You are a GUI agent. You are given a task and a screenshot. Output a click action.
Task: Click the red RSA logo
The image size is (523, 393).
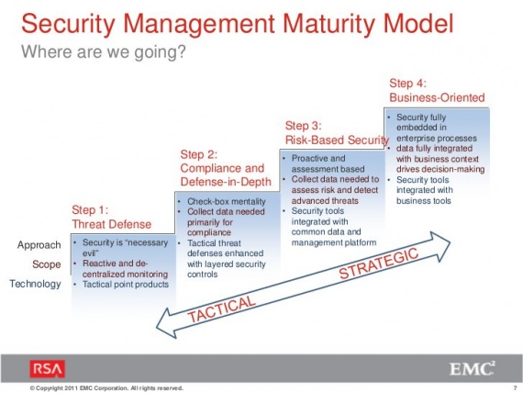click(x=48, y=369)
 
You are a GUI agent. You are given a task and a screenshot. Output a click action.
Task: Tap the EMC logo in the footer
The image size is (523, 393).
click(x=472, y=368)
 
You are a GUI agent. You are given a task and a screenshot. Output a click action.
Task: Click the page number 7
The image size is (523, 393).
click(x=515, y=388)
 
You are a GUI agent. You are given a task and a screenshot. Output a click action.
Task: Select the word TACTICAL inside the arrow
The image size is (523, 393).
click(x=221, y=309)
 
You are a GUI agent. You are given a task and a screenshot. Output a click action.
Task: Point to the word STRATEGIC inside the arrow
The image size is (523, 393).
click(x=379, y=264)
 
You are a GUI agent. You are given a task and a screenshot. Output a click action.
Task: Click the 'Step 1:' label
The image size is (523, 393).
click(x=90, y=210)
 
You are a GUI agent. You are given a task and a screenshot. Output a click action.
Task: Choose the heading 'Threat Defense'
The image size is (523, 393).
click(x=111, y=224)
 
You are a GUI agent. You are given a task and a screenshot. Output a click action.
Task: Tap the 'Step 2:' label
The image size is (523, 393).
click(x=199, y=154)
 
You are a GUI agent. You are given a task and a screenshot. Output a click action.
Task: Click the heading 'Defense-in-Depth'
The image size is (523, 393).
click(x=226, y=182)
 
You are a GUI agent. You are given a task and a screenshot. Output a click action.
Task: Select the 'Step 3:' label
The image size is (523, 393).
click(x=303, y=126)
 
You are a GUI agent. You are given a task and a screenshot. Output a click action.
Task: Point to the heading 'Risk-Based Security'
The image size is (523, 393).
click(x=337, y=140)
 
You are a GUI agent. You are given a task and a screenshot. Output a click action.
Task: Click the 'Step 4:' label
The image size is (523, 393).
click(x=408, y=84)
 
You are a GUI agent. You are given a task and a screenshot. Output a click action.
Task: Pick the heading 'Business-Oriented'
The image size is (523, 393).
click(x=437, y=97)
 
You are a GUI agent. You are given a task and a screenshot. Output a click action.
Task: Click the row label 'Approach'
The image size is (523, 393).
click(x=39, y=245)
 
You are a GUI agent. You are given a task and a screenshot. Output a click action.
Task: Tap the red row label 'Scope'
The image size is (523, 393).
click(x=47, y=264)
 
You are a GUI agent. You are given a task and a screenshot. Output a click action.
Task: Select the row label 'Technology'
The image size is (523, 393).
click(x=35, y=284)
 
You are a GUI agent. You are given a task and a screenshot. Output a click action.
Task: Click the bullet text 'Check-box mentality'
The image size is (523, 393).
click(x=227, y=202)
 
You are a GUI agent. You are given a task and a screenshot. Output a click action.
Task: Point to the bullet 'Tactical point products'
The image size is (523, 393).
click(x=126, y=285)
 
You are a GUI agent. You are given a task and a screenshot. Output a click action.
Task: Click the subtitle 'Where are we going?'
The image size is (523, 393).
click(x=104, y=51)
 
